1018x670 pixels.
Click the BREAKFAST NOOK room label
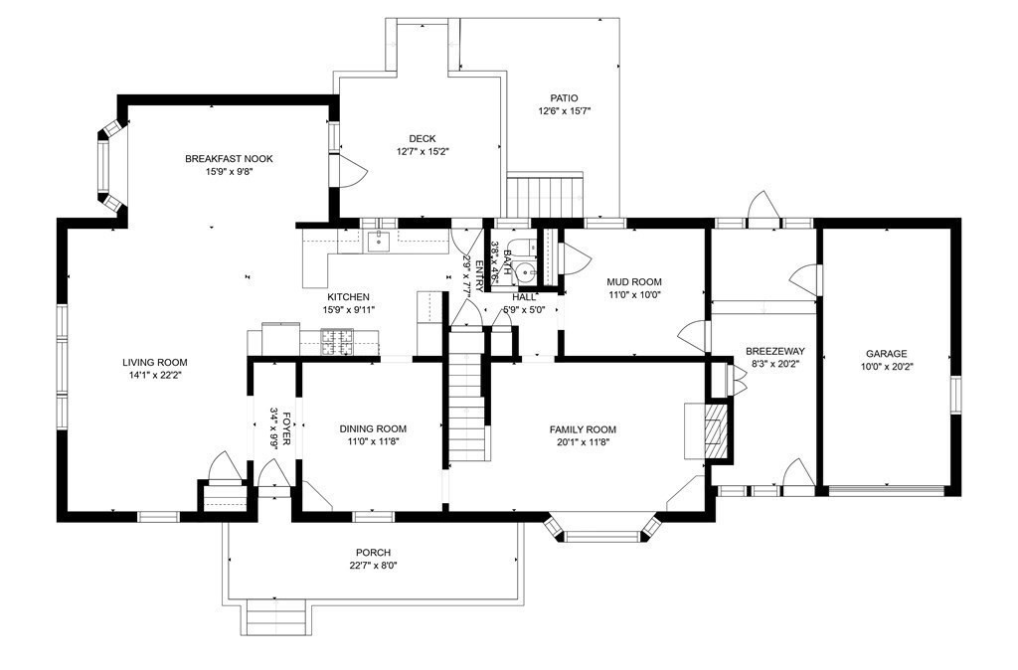229,159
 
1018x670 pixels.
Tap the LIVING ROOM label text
154,363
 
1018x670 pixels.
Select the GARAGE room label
886,353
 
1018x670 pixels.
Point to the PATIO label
564,98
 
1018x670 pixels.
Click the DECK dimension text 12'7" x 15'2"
423,152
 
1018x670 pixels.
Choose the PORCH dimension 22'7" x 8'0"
373,566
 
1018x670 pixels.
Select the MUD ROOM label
634,281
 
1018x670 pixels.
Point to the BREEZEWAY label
775,351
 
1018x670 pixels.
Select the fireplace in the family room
713,429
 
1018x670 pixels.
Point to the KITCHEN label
348,297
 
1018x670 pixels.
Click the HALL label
524,297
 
